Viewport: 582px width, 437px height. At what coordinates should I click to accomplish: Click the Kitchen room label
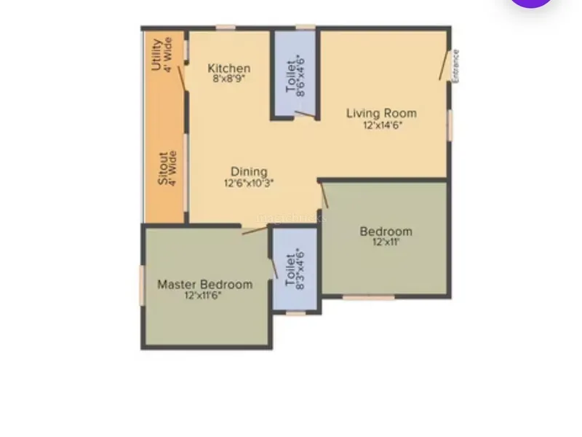229,68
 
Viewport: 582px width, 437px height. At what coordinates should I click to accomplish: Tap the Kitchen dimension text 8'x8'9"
229,79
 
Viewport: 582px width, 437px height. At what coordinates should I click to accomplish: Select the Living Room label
381,113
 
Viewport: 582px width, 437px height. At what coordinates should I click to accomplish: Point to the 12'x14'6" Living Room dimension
383,125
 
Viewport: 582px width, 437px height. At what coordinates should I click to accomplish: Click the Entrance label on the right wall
456,66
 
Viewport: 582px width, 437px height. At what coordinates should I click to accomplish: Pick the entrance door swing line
445,66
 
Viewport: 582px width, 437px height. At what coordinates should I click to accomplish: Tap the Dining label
249,172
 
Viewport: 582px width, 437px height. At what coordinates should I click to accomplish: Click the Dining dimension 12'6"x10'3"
249,184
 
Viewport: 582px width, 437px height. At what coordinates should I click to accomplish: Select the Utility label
156,55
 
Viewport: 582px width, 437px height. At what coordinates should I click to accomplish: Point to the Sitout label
162,168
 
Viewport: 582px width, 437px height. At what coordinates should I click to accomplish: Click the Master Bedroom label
205,285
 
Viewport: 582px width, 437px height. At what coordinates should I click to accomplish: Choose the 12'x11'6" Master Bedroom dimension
203,296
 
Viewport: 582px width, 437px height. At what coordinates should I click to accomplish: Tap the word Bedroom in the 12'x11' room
386,232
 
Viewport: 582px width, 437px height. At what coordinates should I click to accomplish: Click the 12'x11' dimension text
386,243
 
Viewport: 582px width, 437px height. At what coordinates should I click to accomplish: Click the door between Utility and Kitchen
181,79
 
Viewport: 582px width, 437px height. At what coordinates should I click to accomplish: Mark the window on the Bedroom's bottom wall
368,297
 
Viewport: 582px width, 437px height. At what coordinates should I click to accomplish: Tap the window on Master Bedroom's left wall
141,286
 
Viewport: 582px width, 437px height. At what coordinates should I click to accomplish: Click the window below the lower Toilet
296,314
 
